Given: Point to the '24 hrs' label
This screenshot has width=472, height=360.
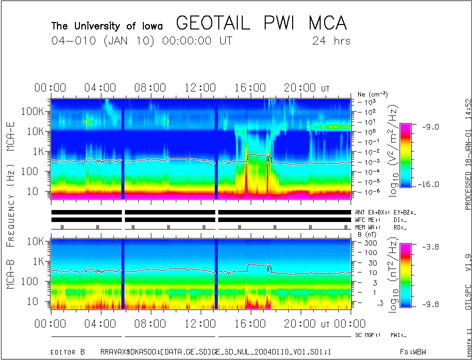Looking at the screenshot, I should pyautogui.click(x=331, y=41).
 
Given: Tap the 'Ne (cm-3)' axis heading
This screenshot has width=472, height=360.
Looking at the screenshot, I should pyautogui.click(x=373, y=94).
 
